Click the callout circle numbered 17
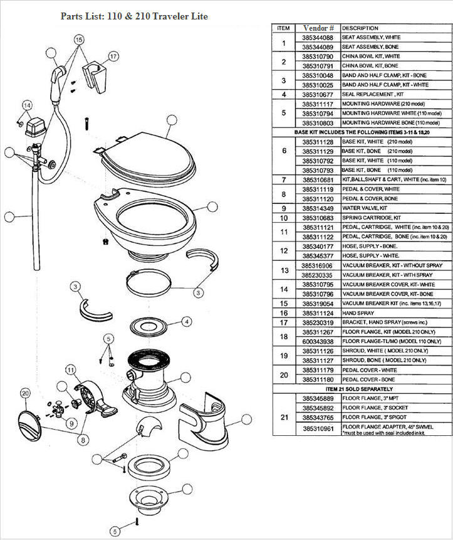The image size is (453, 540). tap(113, 56)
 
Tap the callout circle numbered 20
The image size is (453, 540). tap(25, 393)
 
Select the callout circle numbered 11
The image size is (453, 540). tap(70, 369)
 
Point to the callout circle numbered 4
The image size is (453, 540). tap(187, 321)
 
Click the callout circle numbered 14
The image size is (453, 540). tap(27, 105)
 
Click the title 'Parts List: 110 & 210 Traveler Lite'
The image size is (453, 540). tap(134, 16)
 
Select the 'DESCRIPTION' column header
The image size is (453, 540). tap(360, 28)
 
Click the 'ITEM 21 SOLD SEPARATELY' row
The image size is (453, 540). tap(362, 389)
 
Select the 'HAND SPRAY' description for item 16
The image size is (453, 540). tap(359, 312)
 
